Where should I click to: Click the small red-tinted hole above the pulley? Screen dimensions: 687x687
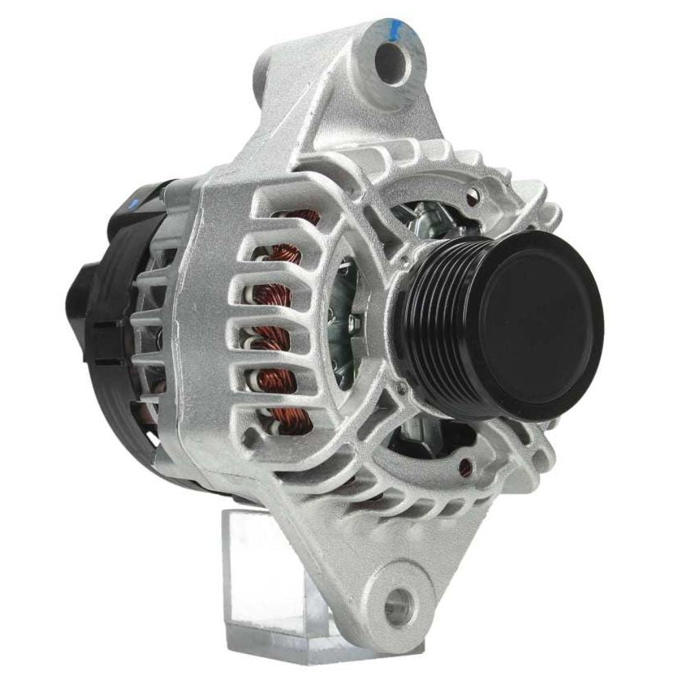tap(471, 199)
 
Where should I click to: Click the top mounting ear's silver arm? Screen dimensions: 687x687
tap(309, 103)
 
